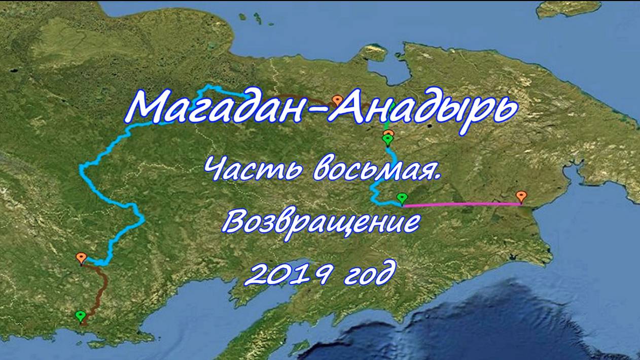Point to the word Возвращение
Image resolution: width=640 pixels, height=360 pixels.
point(322,222)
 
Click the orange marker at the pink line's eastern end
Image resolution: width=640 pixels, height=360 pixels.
point(521,196)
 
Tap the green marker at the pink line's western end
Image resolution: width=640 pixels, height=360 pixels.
point(402,198)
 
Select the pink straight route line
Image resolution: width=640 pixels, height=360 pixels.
point(461,204)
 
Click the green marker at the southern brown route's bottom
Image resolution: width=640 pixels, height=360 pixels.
point(80,316)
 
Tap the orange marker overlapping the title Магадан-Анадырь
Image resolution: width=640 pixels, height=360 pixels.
point(337,100)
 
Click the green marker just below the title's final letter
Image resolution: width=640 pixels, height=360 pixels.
point(388,139)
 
